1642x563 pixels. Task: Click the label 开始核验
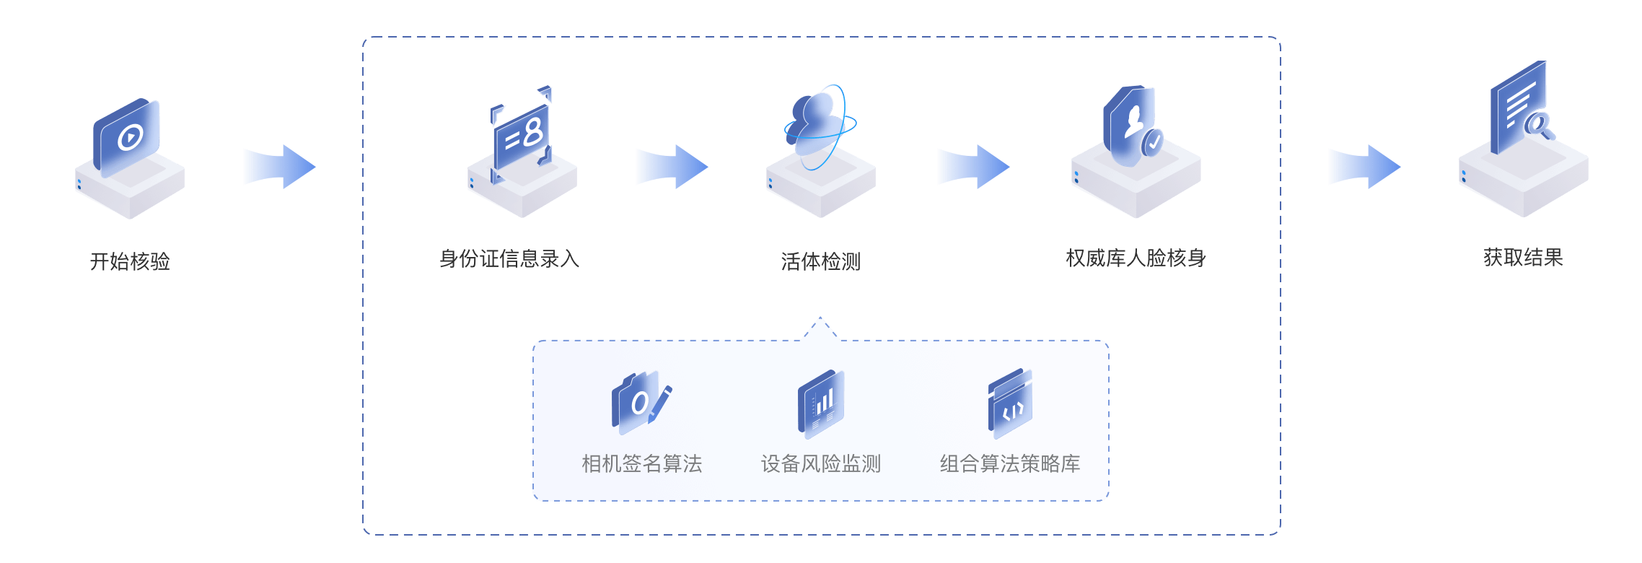tap(130, 261)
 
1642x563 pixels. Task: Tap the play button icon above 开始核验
tap(130, 136)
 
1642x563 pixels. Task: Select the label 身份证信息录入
tap(509, 258)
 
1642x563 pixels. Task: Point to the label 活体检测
tap(820, 261)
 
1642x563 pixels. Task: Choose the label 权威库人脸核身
tap(1136, 258)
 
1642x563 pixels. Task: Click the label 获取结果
tap(1523, 257)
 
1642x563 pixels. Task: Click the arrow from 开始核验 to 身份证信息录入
tap(279, 167)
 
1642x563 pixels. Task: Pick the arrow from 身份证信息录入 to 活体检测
tap(672, 167)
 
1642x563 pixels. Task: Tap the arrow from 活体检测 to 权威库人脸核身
tap(973, 167)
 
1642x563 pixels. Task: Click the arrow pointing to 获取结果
tap(1364, 167)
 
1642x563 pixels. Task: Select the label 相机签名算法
tap(641, 463)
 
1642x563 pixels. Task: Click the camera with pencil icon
tap(641, 402)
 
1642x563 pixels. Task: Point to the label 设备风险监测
tap(820, 463)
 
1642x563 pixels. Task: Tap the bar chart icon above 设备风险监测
tap(821, 402)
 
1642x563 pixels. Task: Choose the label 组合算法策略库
tap(1009, 463)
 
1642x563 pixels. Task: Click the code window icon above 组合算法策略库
tap(1010, 403)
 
